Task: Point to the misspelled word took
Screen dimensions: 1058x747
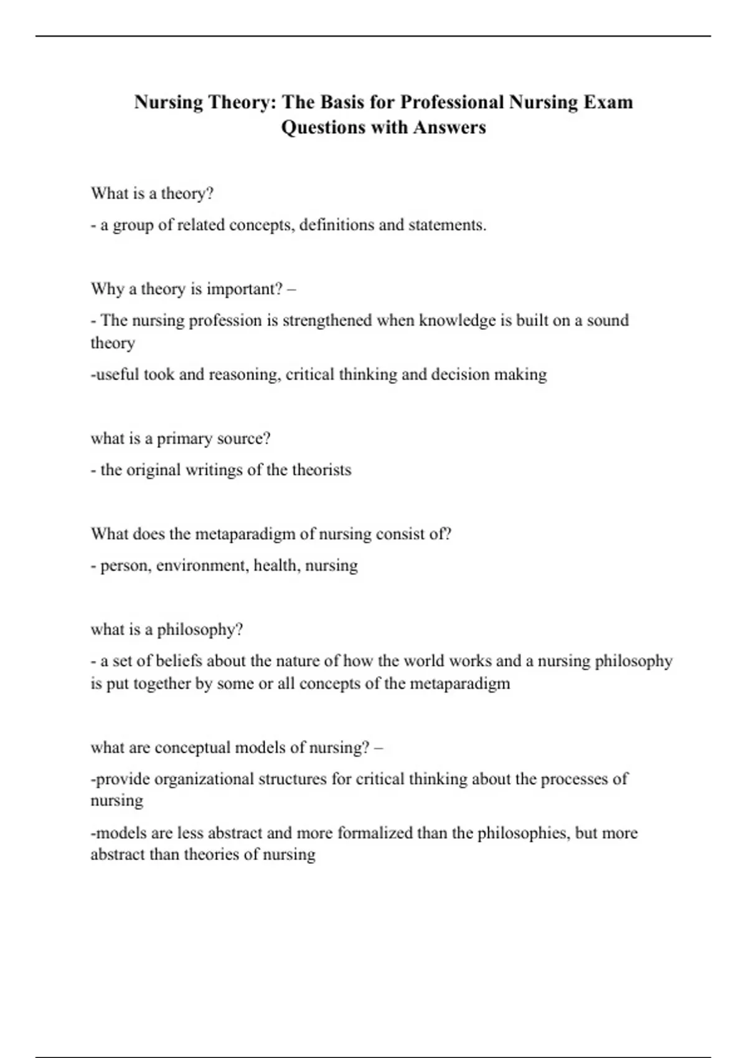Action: [159, 375]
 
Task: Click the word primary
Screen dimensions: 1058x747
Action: [183, 439]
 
